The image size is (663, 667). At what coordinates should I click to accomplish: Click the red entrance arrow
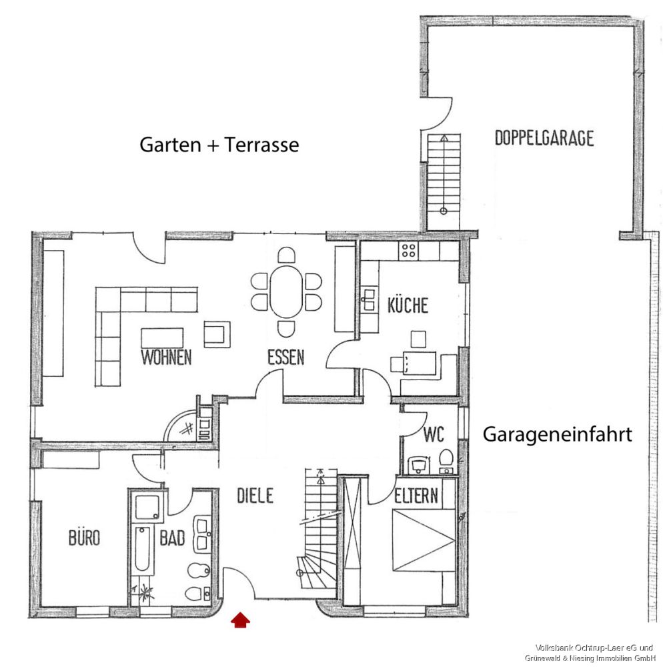(x=241, y=621)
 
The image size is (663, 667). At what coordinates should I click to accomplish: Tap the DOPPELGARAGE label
(x=544, y=139)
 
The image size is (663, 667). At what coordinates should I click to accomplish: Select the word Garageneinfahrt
(x=557, y=435)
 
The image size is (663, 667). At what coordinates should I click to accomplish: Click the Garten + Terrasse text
(x=219, y=145)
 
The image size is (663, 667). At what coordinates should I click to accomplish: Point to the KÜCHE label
(x=408, y=306)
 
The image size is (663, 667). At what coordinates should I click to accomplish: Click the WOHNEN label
(x=166, y=357)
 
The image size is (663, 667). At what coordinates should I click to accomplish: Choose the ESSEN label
(x=285, y=358)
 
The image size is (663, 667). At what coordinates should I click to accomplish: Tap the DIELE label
(x=255, y=496)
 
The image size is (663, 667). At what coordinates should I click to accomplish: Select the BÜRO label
(x=84, y=537)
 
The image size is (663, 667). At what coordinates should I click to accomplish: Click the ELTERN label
(x=416, y=496)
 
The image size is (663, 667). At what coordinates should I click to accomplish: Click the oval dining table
(x=285, y=291)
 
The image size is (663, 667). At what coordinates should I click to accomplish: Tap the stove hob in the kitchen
(x=408, y=251)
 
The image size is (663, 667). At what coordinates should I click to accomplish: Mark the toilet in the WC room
(x=447, y=459)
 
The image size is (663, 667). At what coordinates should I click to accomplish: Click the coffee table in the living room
(x=162, y=338)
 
